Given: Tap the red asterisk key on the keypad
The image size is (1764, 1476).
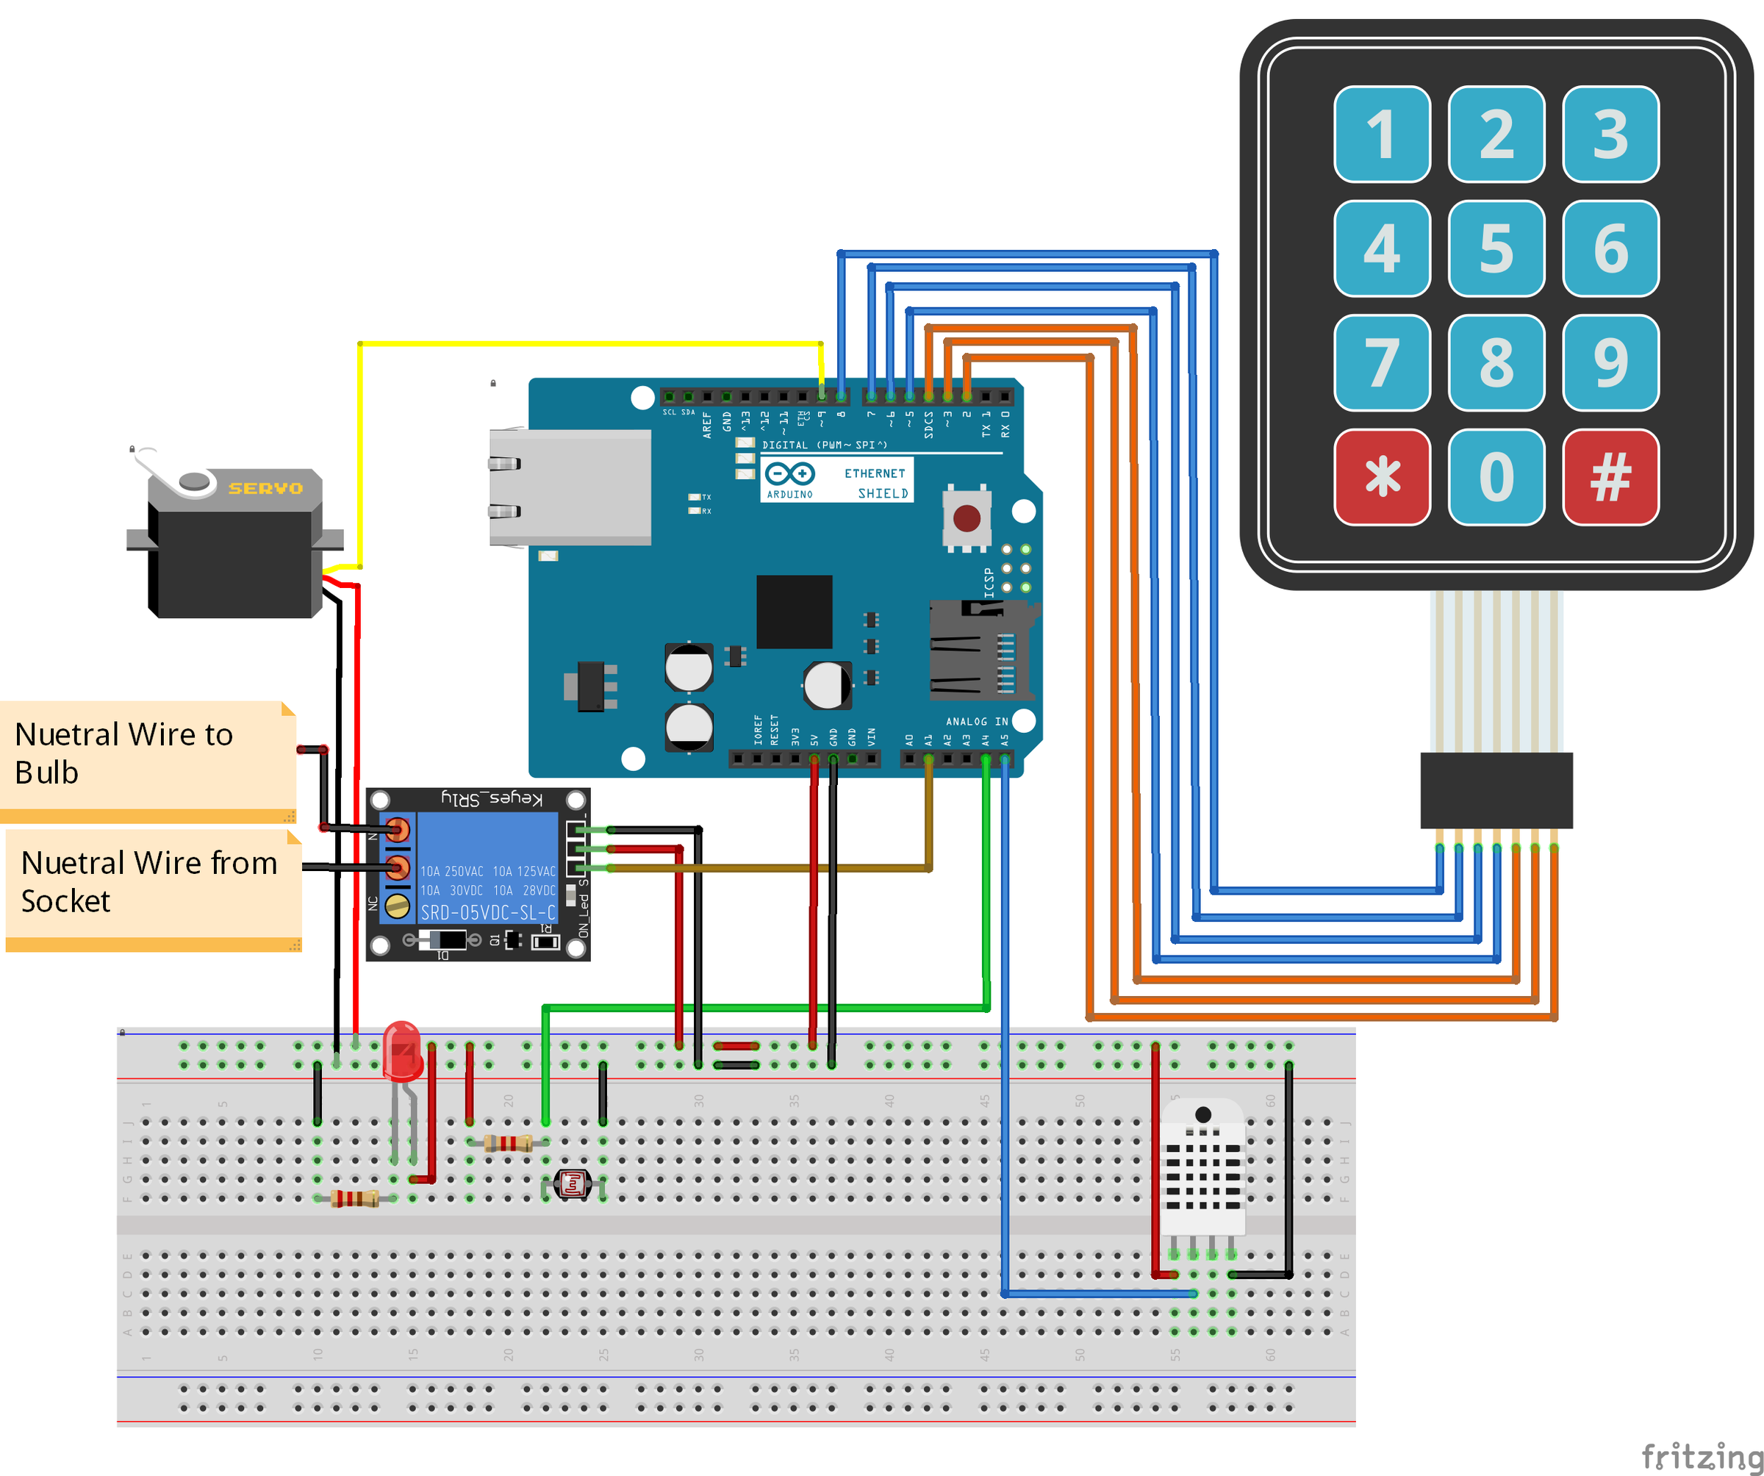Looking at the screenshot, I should (1382, 477).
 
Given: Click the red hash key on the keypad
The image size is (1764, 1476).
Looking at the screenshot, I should (1610, 477).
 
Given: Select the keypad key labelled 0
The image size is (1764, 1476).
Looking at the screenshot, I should (1496, 477).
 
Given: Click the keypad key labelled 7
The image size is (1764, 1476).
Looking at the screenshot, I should (1382, 363).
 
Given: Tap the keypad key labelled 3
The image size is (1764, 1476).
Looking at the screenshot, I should (1610, 135).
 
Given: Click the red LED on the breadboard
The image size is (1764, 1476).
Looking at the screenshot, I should (401, 1050).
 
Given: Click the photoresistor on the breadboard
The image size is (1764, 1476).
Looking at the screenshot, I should (573, 1184).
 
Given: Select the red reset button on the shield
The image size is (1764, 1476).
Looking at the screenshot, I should (967, 517).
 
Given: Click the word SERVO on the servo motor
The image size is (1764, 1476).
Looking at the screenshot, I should (265, 488).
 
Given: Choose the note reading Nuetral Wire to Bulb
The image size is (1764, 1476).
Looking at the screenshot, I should (147, 753).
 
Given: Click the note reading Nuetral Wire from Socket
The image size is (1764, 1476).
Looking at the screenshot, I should (151, 882).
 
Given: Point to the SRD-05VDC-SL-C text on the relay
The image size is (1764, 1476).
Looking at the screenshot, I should (487, 912).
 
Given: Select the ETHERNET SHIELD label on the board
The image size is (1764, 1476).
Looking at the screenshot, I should (875, 483).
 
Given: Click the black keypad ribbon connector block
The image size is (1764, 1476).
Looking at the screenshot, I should (1496, 790).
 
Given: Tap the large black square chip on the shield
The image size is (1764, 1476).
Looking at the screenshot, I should (794, 612).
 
